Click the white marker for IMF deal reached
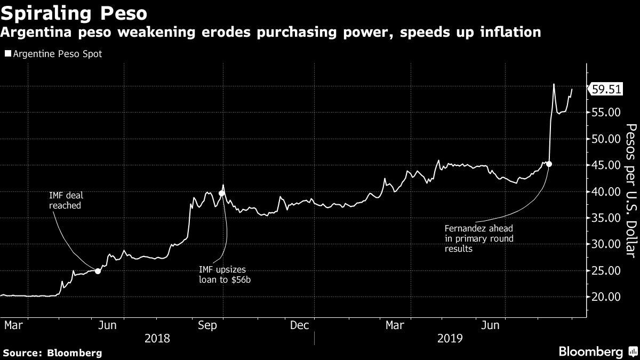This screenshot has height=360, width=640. pyautogui.click(x=98, y=271)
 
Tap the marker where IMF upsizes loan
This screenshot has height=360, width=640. pyautogui.click(x=221, y=193)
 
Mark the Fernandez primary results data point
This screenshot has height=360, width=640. pyautogui.click(x=549, y=164)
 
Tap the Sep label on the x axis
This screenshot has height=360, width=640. pyautogui.click(x=207, y=325)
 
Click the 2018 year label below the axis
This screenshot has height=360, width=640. pyautogui.click(x=157, y=338)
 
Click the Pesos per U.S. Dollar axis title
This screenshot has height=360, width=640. pyautogui.click(x=630, y=197)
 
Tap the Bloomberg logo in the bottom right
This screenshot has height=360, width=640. pyautogui.click(x=597, y=351)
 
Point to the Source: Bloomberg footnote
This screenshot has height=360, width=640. pyautogui.click(x=52, y=353)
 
